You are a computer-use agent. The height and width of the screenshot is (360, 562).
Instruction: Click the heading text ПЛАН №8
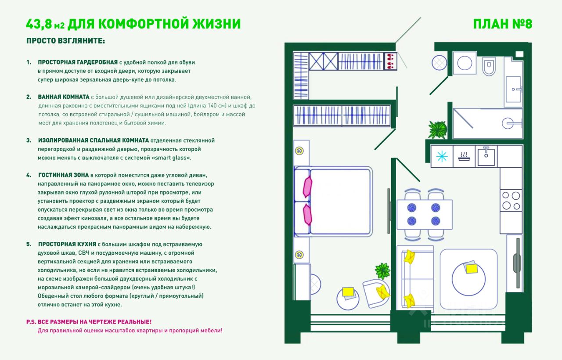tap(502, 24)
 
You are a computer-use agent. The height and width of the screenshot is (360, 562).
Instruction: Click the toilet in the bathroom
tap(488, 66)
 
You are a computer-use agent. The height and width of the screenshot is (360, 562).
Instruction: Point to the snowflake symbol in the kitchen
tap(441, 157)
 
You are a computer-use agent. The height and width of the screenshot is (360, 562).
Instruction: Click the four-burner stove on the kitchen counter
tap(511, 200)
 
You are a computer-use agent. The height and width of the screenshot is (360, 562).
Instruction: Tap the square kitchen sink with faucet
tap(486, 157)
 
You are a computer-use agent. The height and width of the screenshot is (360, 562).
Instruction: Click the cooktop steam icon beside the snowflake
tap(464, 157)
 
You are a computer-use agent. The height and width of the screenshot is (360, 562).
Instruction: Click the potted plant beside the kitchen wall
tap(437, 130)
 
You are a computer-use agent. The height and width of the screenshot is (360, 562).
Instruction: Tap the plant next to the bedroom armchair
tap(382, 271)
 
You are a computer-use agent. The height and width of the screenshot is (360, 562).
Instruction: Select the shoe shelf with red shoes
tap(390, 61)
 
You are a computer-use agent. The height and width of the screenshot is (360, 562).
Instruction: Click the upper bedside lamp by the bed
tap(300, 151)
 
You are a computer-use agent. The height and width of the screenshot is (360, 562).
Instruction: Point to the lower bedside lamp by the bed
tap(300, 254)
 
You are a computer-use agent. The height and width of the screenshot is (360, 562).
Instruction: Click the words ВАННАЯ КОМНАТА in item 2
tap(63, 97)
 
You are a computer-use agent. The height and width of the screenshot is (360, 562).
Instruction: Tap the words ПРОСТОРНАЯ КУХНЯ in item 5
tap(67, 244)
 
